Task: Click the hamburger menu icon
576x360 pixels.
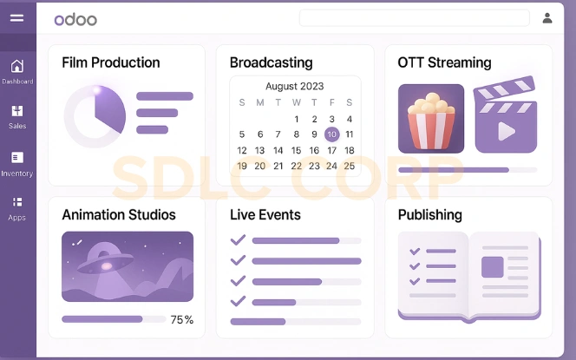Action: (16, 17)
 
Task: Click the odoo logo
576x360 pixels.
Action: (75, 19)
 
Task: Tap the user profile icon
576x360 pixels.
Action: (547, 17)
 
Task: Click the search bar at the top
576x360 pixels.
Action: (414, 18)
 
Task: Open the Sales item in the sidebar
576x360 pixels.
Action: (17, 116)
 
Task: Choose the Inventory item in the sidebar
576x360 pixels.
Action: (17, 163)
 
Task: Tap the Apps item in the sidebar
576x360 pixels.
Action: (17, 208)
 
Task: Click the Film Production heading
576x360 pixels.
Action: (111, 62)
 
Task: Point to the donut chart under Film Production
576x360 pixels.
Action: (95, 115)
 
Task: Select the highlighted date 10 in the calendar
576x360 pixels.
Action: (331, 134)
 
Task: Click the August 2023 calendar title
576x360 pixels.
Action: (294, 87)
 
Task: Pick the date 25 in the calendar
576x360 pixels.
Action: (349, 166)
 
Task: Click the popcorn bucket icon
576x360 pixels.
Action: (431, 119)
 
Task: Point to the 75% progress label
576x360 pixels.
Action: (182, 320)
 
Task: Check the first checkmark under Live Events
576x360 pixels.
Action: (238, 240)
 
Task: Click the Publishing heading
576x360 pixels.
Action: (429, 214)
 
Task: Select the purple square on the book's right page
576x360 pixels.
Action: (492, 266)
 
